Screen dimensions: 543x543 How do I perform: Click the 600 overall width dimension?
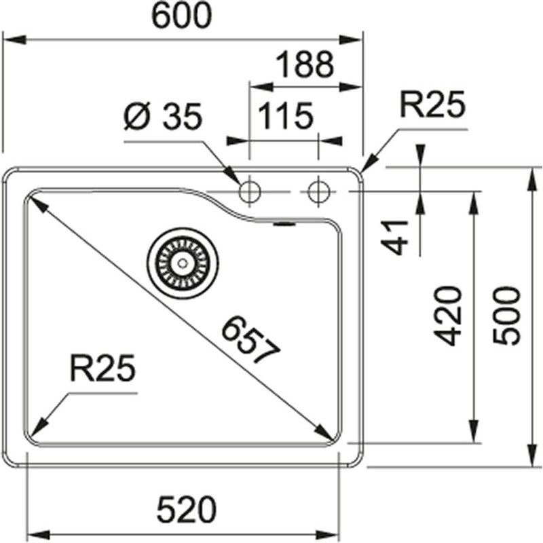pos(181,16)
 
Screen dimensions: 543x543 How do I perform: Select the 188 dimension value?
pos(305,64)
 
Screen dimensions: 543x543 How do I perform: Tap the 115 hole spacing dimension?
pos(284,116)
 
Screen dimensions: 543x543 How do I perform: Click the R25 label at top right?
pos(431,106)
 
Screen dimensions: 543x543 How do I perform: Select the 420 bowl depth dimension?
pos(449,316)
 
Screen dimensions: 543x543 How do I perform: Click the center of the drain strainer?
pos(182,261)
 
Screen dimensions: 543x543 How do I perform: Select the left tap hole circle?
pos(249,192)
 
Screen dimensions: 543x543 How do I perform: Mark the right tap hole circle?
pos(317,192)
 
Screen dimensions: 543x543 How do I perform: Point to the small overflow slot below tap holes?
pos(283,222)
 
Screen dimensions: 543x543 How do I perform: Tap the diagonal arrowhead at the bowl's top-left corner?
pos(33,200)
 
